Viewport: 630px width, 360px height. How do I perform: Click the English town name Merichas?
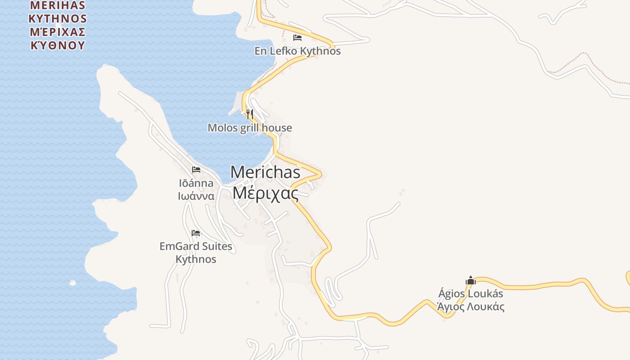point(265,172)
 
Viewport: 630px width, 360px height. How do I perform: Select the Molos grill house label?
point(250,128)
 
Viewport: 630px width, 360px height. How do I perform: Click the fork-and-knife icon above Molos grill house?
point(250,114)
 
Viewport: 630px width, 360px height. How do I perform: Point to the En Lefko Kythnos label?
point(297,51)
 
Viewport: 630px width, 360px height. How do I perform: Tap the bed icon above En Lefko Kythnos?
point(297,37)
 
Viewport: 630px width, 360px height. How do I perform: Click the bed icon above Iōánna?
point(196,170)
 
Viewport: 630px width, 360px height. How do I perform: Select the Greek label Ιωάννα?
point(196,196)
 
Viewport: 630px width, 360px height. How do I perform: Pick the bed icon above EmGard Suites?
point(196,233)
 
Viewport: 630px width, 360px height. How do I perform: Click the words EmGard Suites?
point(196,247)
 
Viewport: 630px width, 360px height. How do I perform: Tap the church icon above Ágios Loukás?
point(471,280)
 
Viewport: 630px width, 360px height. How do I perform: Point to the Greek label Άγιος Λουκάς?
point(471,307)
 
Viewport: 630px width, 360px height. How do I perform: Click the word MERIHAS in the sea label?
point(57,6)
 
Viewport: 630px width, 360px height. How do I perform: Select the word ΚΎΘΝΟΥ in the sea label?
point(57,45)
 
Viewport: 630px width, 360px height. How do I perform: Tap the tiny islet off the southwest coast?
point(72,283)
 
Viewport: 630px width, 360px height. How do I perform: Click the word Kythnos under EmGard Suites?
point(196,260)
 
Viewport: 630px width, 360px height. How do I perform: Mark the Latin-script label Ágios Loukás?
point(471,294)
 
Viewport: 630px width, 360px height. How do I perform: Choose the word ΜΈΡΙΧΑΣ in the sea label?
point(57,32)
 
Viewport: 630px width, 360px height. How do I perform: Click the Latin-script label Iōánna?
point(196,183)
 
